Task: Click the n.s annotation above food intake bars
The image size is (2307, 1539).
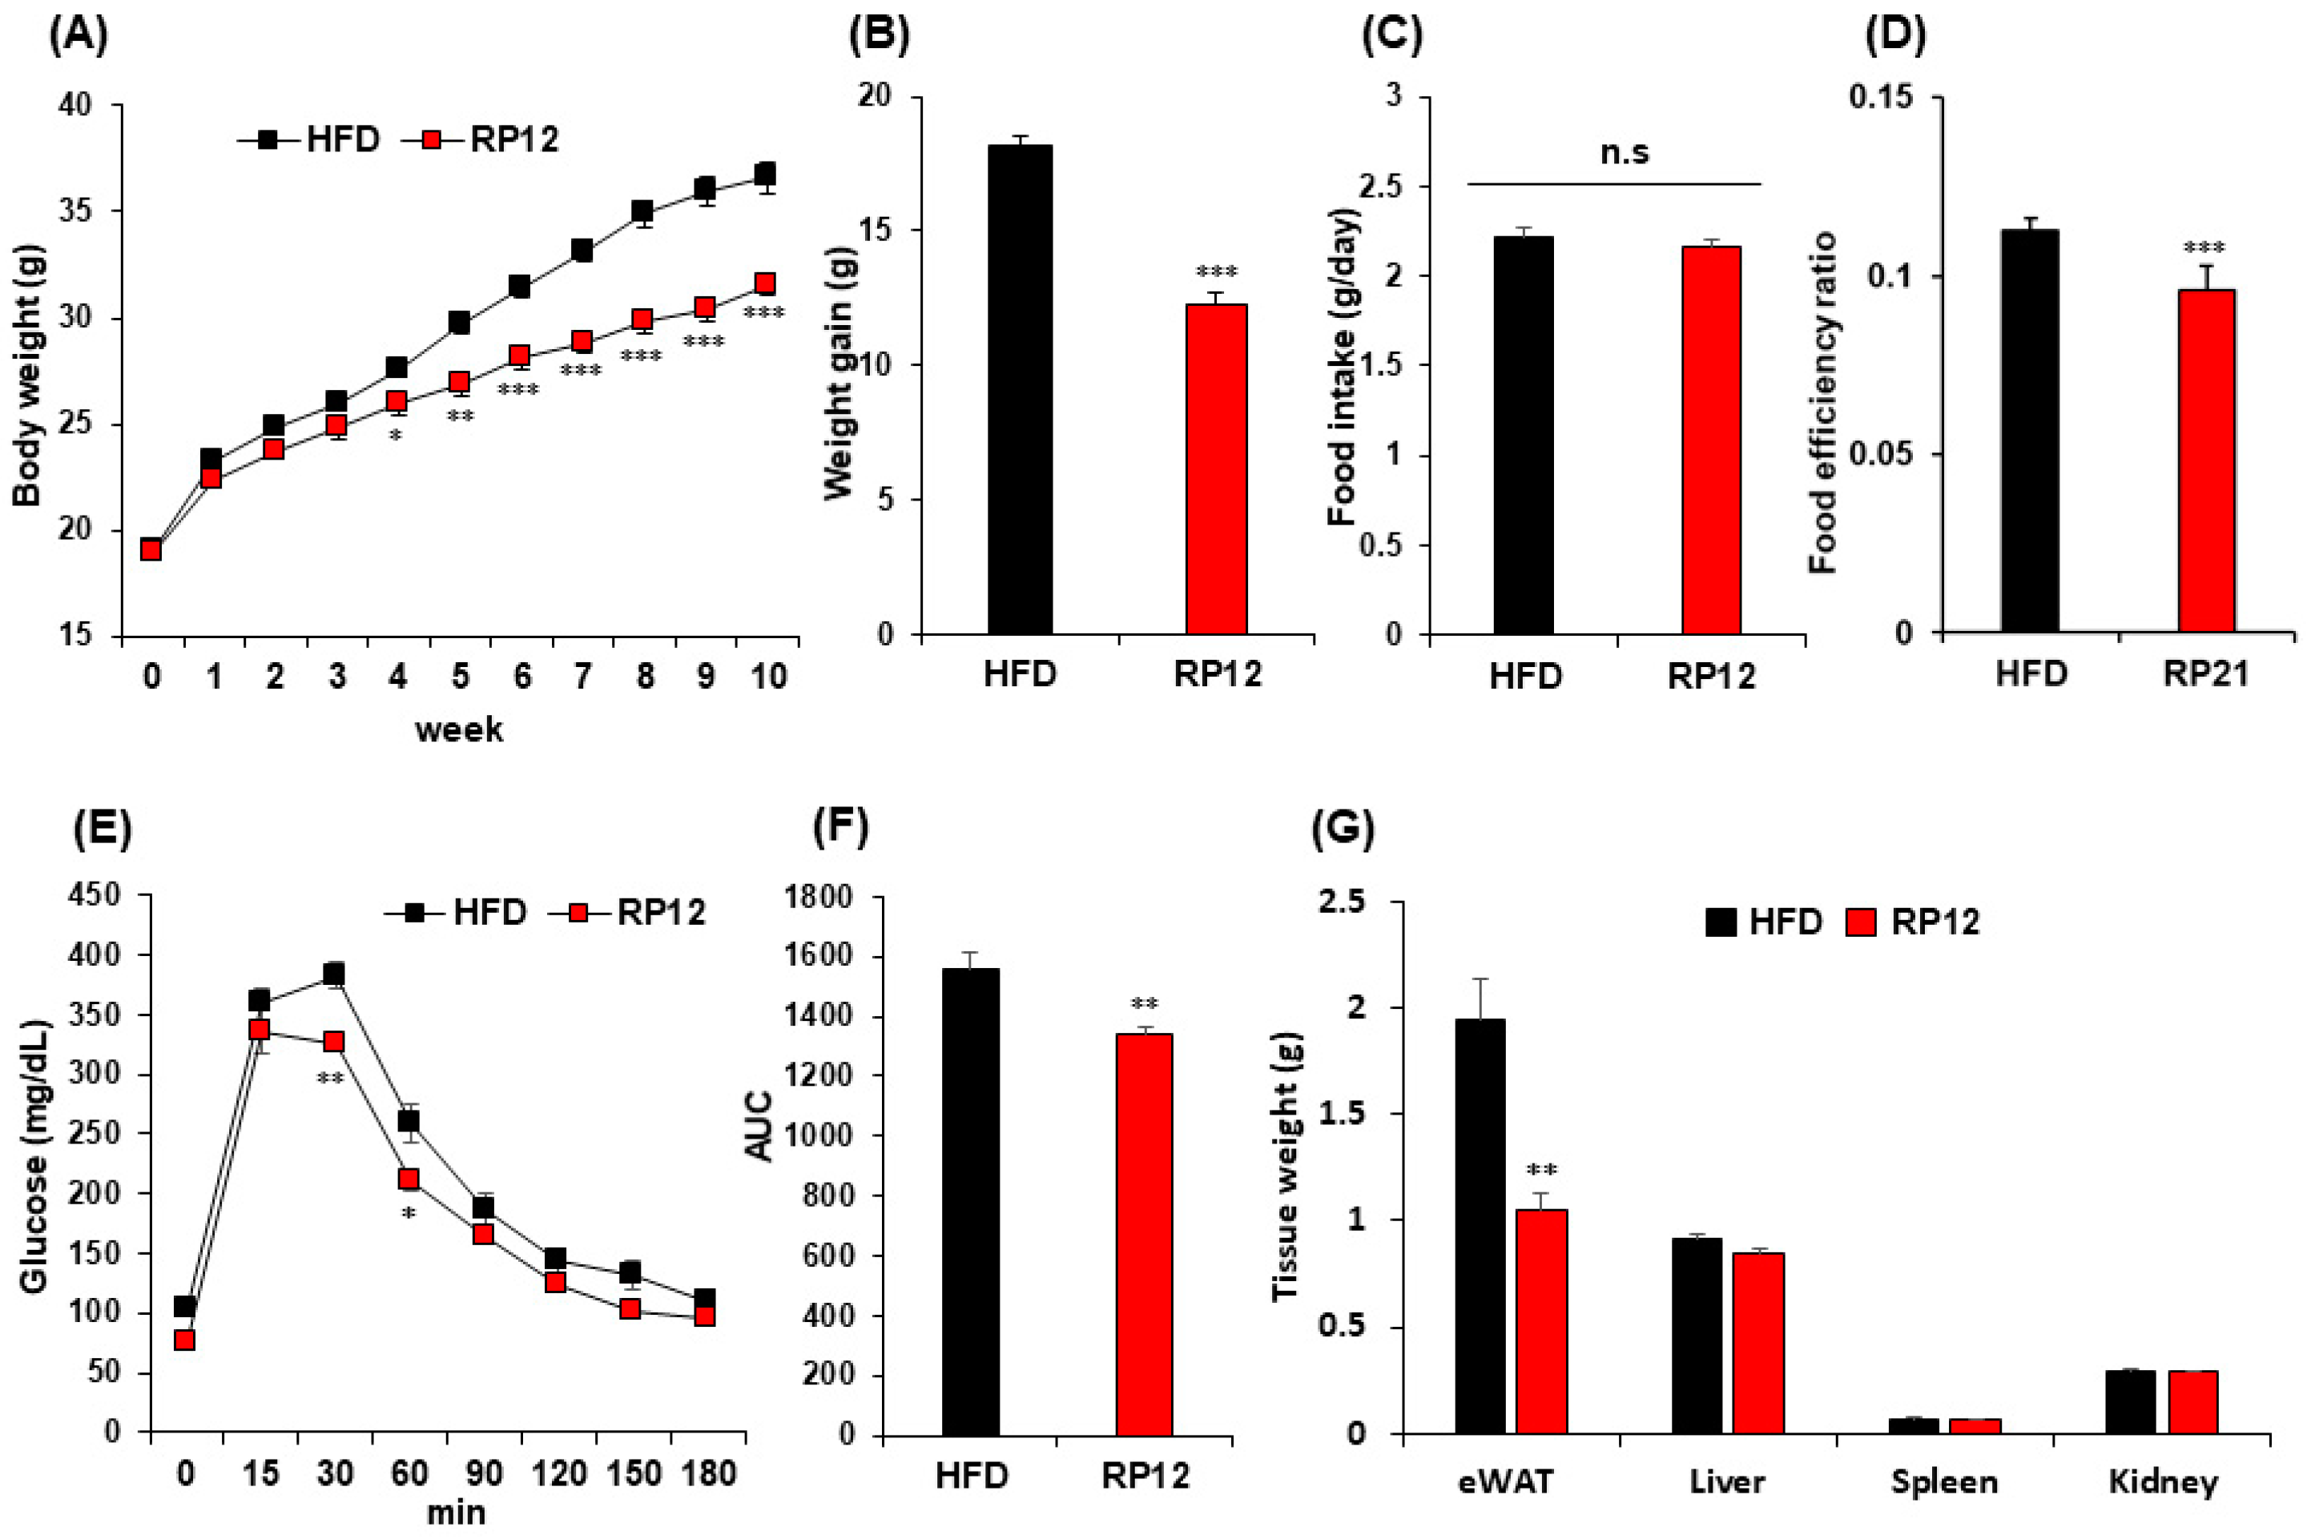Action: tap(1624, 153)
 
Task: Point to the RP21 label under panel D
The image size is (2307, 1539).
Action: tap(2206, 674)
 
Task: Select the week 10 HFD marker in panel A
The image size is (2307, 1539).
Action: tap(766, 175)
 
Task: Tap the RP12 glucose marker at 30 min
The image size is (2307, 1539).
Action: tap(334, 1042)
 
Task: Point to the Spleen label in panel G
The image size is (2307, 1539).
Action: tap(1944, 1481)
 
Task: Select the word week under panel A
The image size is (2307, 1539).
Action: tap(458, 730)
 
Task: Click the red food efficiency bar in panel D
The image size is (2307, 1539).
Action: tap(2206, 460)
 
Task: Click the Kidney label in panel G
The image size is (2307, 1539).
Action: tap(2163, 1481)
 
